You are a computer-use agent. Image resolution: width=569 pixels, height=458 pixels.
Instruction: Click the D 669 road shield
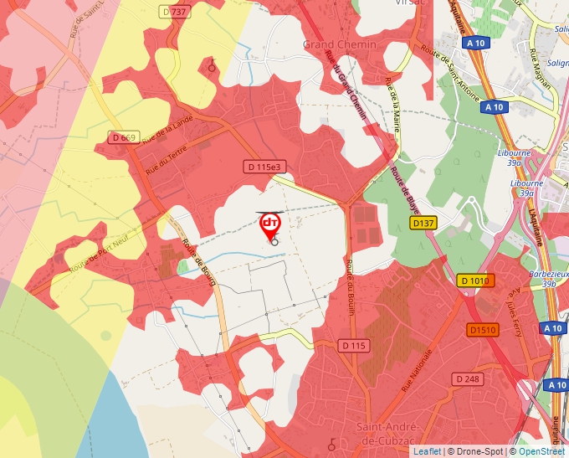tap(124, 137)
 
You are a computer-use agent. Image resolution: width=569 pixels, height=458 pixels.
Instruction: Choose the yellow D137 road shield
tap(423, 224)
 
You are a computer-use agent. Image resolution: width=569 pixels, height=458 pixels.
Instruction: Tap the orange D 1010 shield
tap(475, 280)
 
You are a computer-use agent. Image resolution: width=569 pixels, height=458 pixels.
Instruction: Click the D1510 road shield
tap(483, 330)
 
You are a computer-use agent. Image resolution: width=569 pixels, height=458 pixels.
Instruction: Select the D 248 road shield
tap(469, 379)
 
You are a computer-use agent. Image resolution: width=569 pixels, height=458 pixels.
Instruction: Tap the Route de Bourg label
tap(199, 263)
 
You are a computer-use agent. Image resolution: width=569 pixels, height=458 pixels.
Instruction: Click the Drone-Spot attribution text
tap(477, 451)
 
